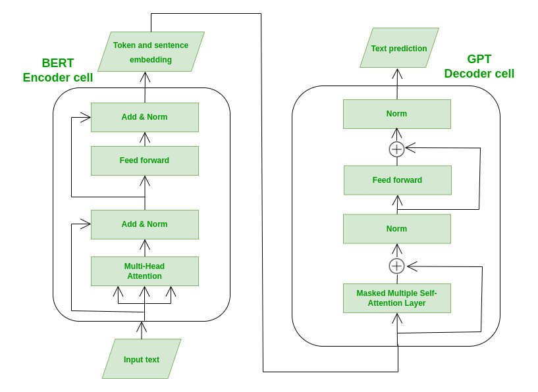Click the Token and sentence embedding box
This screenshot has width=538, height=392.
pyautogui.click(x=151, y=52)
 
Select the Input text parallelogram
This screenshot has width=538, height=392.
pyautogui.click(x=142, y=359)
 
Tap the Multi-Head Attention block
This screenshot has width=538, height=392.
pyautogui.click(x=144, y=271)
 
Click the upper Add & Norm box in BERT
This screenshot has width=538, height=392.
pyautogui.click(x=144, y=117)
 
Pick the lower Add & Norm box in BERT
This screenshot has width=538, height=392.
pyautogui.click(x=144, y=224)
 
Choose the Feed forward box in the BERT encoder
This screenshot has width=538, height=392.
pyautogui.click(x=144, y=160)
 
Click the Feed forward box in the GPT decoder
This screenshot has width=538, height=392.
pyautogui.click(x=397, y=180)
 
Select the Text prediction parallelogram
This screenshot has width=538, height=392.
pyautogui.click(x=399, y=48)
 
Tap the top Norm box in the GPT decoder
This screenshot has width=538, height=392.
pyautogui.click(x=396, y=114)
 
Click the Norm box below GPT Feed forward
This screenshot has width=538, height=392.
pyautogui.click(x=396, y=229)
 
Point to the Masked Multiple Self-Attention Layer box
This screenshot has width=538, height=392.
pyautogui.click(x=396, y=298)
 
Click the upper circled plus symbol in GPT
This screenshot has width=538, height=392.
pyautogui.click(x=396, y=149)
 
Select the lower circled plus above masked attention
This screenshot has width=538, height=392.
pyautogui.click(x=396, y=266)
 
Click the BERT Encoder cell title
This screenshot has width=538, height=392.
pyautogui.click(x=58, y=70)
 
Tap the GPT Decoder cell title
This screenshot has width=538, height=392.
pyautogui.click(x=479, y=66)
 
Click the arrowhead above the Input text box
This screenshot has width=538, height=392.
pyautogui.click(x=142, y=326)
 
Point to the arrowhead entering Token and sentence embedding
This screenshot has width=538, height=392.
pyautogui.click(x=145, y=76)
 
